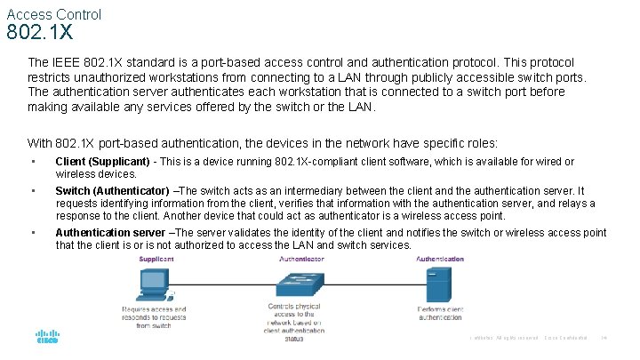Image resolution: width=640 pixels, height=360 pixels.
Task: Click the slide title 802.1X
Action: [x=39, y=34]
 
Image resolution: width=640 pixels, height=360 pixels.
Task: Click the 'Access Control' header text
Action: [x=53, y=14]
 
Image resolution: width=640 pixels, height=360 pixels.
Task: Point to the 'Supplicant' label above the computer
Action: [x=156, y=259]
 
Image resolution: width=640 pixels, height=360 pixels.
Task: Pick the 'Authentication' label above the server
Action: [x=440, y=259]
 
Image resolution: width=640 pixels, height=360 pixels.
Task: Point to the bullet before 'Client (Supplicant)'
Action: [x=32, y=162]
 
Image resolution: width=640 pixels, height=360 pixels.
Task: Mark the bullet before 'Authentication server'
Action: [x=32, y=233]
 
